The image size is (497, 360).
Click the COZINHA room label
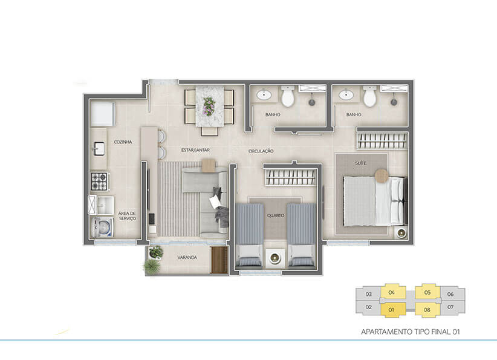click(123, 142)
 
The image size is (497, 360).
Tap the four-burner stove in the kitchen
click(100, 182)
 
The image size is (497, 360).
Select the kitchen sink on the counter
click(99, 149)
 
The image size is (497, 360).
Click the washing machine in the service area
click(102, 227)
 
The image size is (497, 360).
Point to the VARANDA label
click(187, 258)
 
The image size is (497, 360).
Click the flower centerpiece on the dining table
click(209, 106)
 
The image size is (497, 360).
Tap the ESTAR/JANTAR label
click(195, 150)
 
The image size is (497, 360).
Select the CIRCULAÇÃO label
click(261, 151)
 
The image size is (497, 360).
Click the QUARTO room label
click(276, 215)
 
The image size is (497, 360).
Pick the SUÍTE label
click(361, 163)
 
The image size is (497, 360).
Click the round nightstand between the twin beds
click(275, 258)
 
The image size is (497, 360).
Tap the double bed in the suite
click(375, 201)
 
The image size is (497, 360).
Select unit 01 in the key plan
click(393, 310)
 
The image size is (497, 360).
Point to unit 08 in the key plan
click(427, 310)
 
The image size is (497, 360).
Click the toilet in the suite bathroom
click(369, 96)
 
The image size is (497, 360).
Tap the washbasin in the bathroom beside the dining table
click(264, 94)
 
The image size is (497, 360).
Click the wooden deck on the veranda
click(219, 260)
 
